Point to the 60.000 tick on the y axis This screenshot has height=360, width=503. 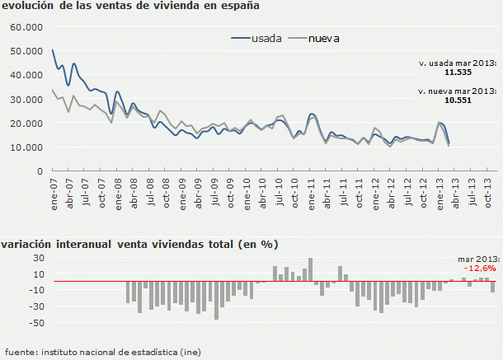coord(25,27)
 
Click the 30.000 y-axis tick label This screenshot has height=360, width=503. coord(25,99)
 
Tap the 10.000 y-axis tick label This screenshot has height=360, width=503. coord(25,147)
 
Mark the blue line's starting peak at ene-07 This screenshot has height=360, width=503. coord(53,50)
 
